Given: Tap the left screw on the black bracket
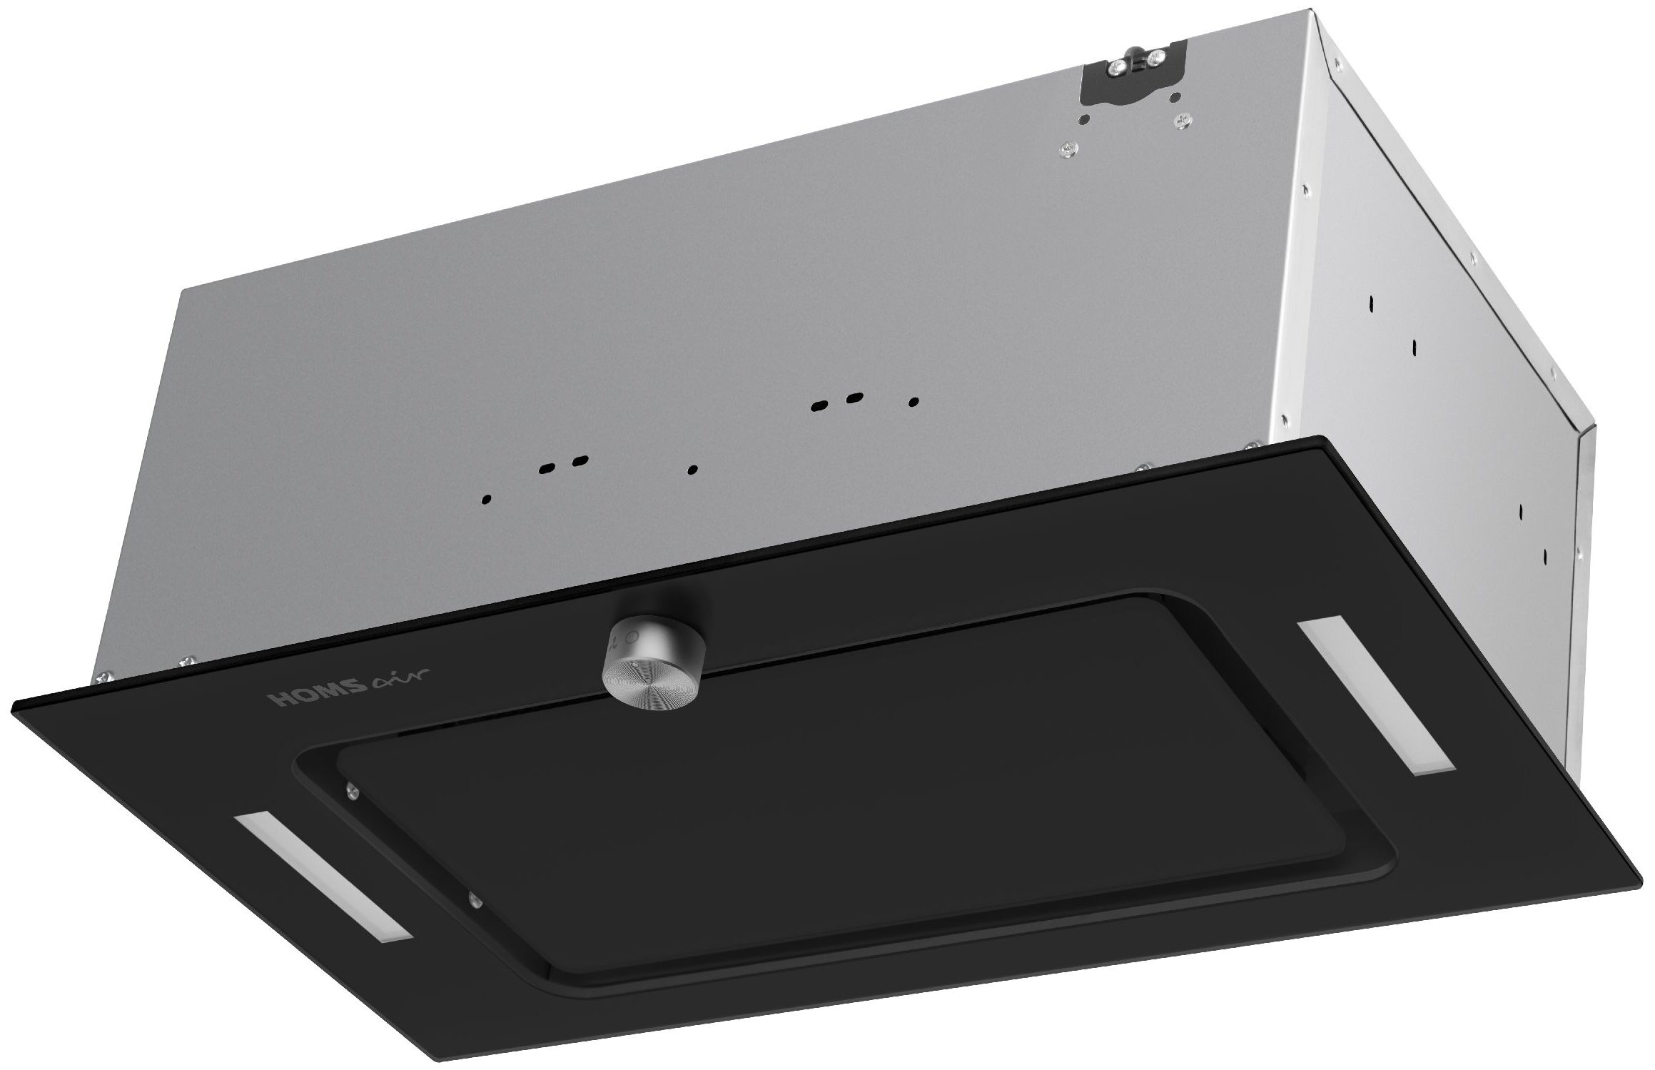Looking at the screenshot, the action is point(1118,66).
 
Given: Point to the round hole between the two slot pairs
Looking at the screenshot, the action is point(692,470).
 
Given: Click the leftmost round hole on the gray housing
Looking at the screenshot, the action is point(487,499).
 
